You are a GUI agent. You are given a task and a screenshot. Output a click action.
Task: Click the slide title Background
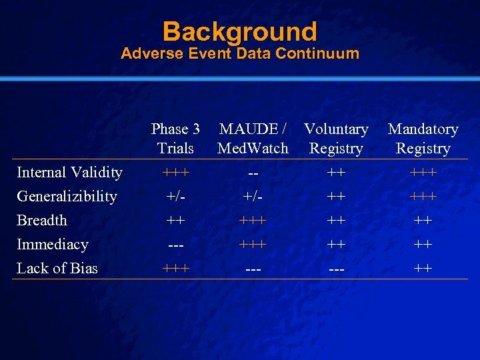pyautogui.click(x=239, y=31)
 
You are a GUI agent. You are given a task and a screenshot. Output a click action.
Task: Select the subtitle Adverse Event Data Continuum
pyautogui.click(x=239, y=53)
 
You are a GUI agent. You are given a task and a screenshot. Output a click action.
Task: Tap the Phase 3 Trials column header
pyautogui.click(x=175, y=139)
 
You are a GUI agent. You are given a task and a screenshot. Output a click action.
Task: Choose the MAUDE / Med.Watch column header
pyautogui.click(x=253, y=139)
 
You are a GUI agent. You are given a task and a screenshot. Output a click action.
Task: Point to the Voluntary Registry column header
pyautogui.click(x=336, y=139)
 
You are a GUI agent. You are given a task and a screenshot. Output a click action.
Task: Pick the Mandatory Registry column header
pyautogui.click(x=423, y=139)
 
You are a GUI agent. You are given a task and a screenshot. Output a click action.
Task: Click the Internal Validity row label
pyautogui.click(x=69, y=173)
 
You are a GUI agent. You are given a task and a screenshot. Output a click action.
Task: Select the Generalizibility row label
pyautogui.click(x=67, y=197)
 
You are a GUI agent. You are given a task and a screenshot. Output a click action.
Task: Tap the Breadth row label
pyautogui.click(x=41, y=221)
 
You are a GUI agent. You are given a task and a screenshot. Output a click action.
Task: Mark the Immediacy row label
pyautogui.click(x=52, y=245)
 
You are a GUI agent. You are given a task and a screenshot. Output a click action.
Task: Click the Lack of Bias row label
pyautogui.click(x=57, y=269)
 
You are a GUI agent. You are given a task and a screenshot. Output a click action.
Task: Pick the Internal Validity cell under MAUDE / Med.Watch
pyautogui.click(x=253, y=173)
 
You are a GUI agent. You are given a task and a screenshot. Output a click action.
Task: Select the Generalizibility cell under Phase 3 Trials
pyautogui.click(x=175, y=197)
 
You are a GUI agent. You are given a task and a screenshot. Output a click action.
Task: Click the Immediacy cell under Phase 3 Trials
pyautogui.click(x=175, y=245)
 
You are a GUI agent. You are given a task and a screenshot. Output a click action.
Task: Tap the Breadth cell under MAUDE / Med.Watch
pyautogui.click(x=253, y=221)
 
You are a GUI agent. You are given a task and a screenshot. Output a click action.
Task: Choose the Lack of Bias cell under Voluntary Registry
pyautogui.click(x=336, y=269)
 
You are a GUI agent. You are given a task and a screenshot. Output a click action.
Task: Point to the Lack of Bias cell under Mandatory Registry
pyautogui.click(x=423, y=269)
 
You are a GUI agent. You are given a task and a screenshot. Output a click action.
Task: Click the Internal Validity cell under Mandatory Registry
pyautogui.click(x=423, y=173)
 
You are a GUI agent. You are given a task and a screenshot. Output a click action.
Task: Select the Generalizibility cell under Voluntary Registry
pyautogui.click(x=336, y=197)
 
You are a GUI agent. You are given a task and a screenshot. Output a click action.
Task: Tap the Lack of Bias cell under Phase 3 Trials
pyautogui.click(x=175, y=269)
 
